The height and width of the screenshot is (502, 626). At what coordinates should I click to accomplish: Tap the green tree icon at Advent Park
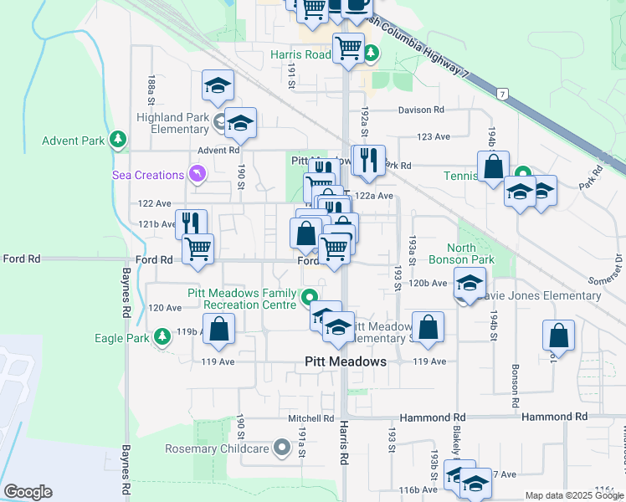(x=119, y=139)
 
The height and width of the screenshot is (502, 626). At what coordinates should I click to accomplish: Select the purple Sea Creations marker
(x=197, y=174)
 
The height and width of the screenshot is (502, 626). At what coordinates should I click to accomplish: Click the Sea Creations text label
(x=148, y=175)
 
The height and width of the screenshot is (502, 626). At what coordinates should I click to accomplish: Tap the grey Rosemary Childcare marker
(x=282, y=448)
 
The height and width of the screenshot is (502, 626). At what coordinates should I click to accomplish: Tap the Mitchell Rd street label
(x=311, y=418)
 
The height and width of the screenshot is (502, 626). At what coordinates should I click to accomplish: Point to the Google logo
(x=28, y=492)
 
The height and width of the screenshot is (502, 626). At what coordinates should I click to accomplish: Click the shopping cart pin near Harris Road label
(x=348, y=49)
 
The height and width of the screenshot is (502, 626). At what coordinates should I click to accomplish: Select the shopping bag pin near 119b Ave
(x=218, y=330)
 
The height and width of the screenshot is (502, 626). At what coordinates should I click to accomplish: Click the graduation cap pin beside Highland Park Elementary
(x=240, y=123)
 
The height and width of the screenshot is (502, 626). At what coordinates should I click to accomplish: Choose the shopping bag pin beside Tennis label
(x=494, y=167)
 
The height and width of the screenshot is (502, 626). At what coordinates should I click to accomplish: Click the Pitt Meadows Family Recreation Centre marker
(x=309, y=295)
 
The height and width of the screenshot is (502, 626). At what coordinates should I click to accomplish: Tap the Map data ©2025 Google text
(x=573, y=495)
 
